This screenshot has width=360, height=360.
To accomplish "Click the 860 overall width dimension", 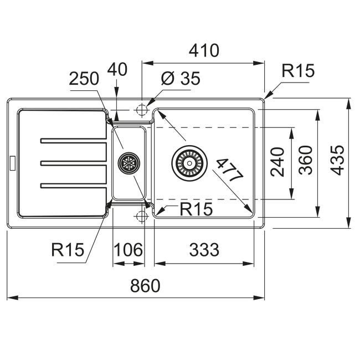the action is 145,285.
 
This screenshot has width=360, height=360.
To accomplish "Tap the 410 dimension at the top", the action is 204,50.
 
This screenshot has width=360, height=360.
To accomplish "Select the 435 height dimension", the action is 337,160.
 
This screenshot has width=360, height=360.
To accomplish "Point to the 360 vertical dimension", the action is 306,160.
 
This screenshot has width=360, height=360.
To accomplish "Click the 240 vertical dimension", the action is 277,162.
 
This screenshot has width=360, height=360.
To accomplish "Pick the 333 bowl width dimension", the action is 204,250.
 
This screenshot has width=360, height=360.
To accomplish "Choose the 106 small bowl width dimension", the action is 128,250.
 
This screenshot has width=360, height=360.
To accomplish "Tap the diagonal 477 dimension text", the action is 230,170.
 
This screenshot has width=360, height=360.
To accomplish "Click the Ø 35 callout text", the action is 181,78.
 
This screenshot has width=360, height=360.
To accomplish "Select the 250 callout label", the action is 84,79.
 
